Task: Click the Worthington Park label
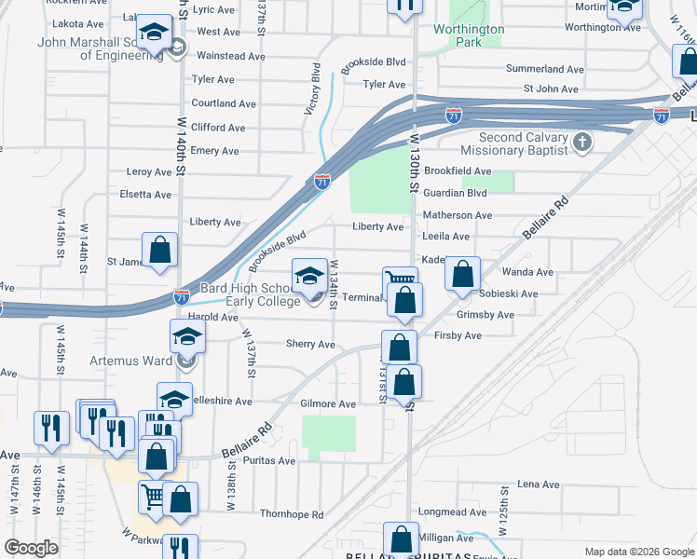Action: (469, 35)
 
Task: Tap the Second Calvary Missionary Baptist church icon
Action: (582, 143)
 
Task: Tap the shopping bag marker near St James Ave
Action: (159, 251)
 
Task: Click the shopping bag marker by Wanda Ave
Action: (462, 275)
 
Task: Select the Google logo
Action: (31, 548)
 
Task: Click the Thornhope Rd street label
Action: (292, 514)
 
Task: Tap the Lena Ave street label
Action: (538, 484)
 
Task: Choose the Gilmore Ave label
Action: (328, 404)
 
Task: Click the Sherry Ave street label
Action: (309, 344)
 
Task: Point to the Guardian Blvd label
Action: (456, 193)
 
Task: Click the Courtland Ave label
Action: (224, 103)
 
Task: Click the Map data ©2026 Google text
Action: (638, 552)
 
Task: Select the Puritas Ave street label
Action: (271, 461)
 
